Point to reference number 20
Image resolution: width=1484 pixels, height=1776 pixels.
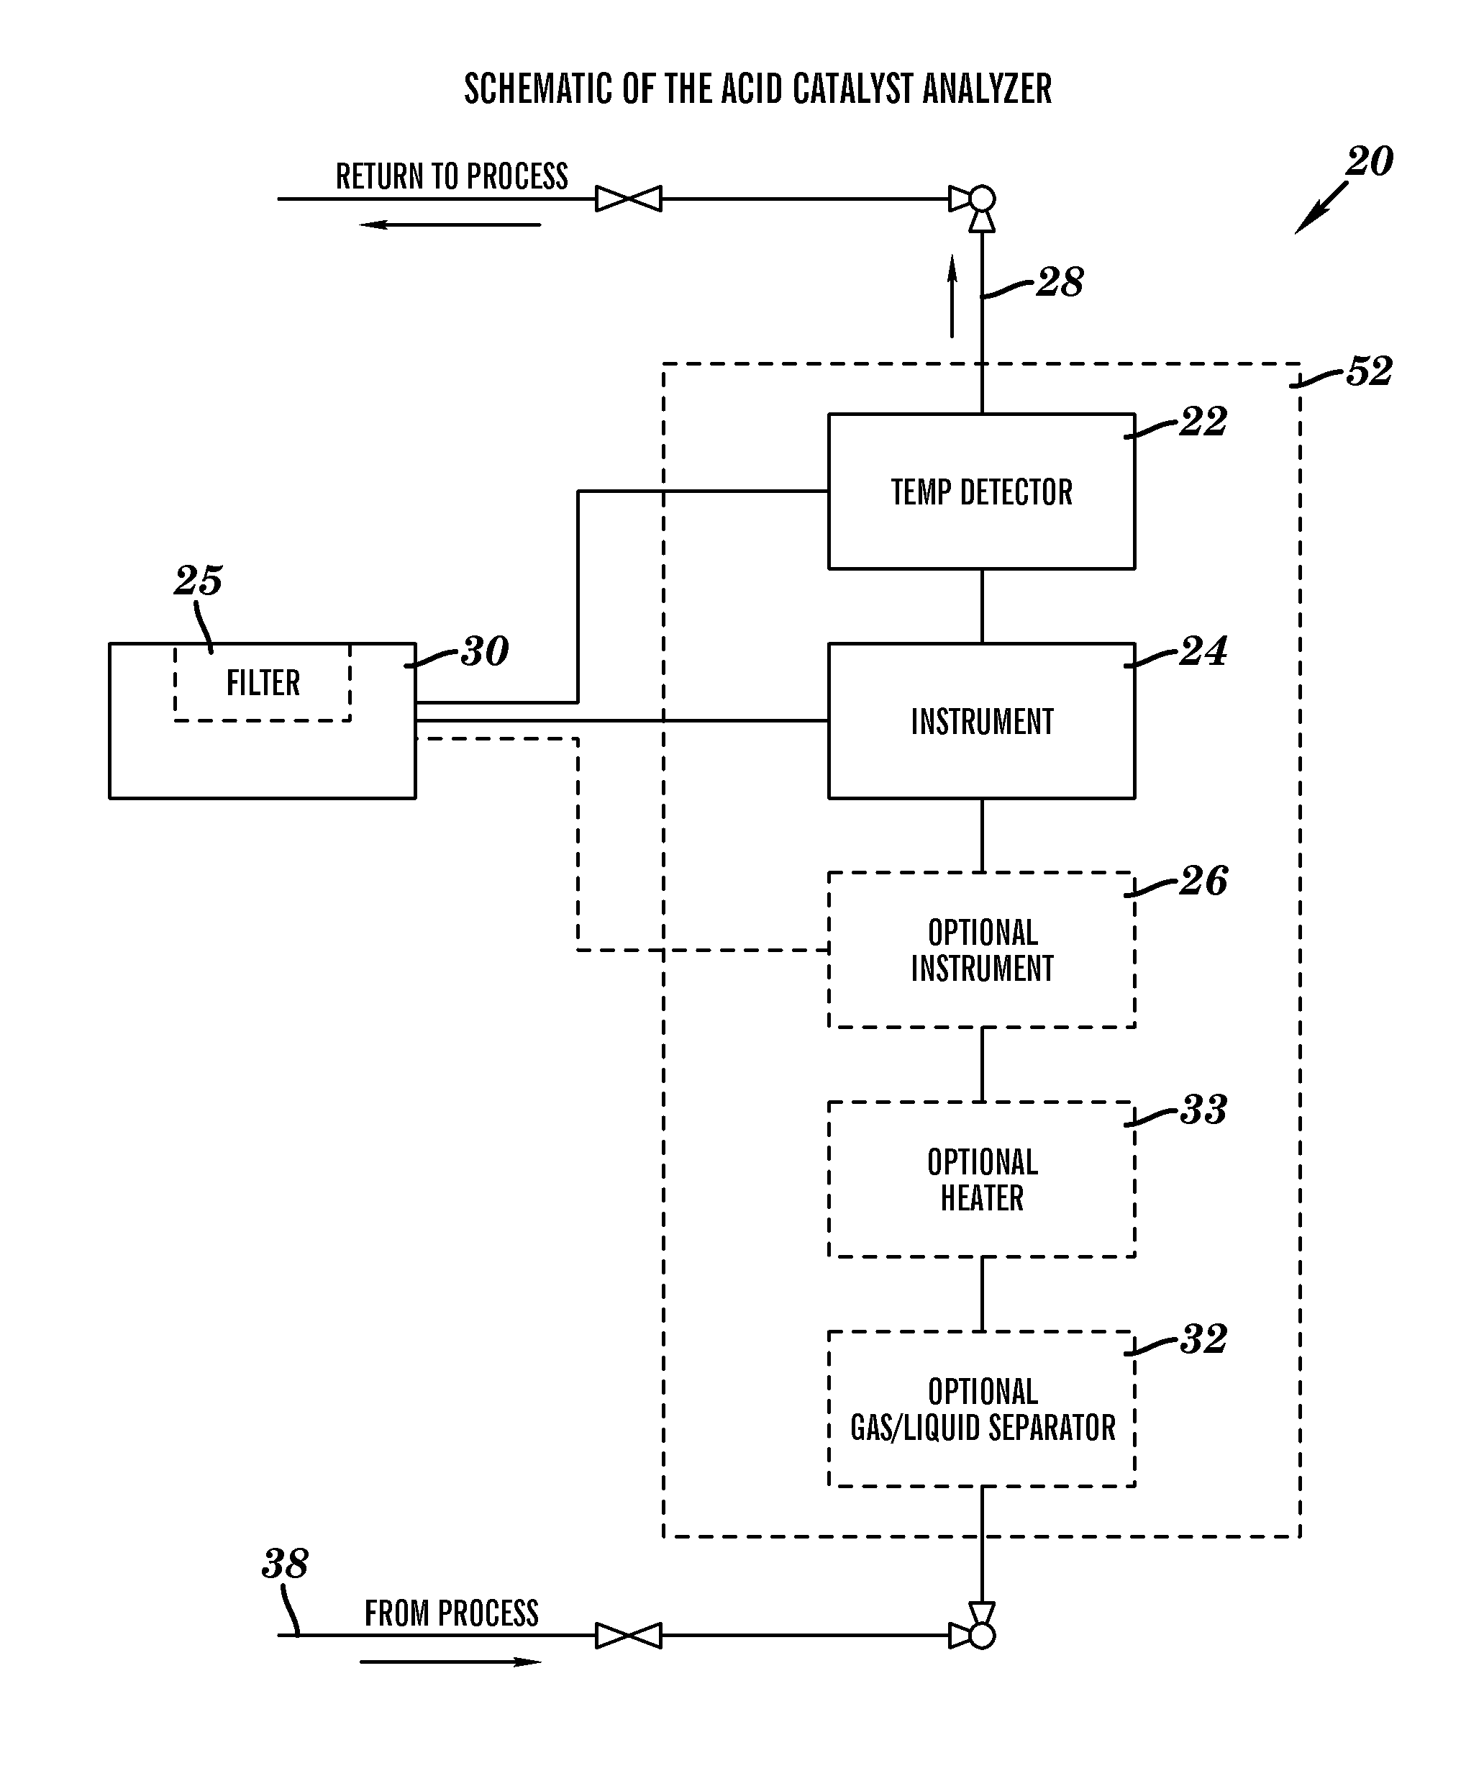pos(1369,161)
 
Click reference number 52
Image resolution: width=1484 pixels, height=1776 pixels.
pos(1369,371)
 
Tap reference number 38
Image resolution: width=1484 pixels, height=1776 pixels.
pos(285,1564)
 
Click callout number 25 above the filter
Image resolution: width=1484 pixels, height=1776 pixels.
pos(199,580)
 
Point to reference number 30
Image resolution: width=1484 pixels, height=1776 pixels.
pos(485,651)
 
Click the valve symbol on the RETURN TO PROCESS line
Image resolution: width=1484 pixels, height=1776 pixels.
pos(628,199)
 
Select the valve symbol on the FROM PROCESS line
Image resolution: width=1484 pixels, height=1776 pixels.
pos(628,1636)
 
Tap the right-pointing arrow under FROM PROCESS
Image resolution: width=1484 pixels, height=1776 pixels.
pos(450,1662)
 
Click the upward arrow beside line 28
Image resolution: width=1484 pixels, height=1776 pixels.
pos(952,296)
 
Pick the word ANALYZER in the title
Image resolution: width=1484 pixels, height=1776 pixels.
pos(987,89)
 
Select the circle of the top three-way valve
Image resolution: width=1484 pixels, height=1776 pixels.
pos(982,199)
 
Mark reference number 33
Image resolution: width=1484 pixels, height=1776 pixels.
pos(1203,1109)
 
